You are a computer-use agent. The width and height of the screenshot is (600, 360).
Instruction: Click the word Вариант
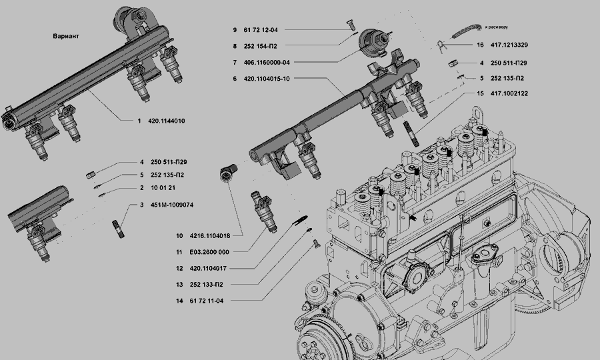click(65, 36)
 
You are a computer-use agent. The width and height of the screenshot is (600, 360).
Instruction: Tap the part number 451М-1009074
click(171, 205)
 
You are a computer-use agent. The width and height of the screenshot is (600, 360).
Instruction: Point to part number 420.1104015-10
click(270, 79)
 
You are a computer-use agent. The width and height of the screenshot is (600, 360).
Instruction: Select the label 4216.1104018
click(211, 236)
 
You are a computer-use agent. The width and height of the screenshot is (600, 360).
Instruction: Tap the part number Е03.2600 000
click(209, 252)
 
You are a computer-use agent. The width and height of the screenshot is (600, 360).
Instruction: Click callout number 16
click(480, 45)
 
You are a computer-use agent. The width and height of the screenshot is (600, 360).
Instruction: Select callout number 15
click(480, 94)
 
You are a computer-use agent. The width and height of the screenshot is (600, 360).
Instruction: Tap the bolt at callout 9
click(347, 25)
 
